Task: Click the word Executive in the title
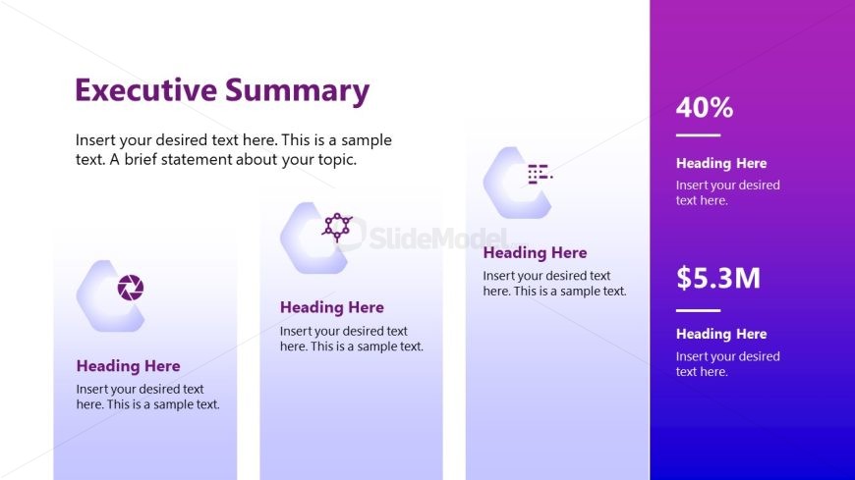pos(145,91)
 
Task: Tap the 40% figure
pos(705,108)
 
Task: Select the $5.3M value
pos(718,279)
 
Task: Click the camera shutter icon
pos(130,288)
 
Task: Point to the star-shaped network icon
pos(337,227)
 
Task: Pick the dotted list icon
pos(540,174)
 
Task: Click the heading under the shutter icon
pos(128,366)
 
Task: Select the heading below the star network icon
pos(332,307)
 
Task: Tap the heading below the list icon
pos(535,252)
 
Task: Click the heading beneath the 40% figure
pos(721,163)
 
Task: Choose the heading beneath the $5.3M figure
pos(721,334)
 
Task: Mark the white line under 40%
pos(698,135)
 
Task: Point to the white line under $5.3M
pos(698,310)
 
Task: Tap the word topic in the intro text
pos(333,159)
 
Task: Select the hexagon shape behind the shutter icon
pos(98,294)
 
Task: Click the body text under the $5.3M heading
pos(727,364)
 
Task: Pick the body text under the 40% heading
pos(727,192)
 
